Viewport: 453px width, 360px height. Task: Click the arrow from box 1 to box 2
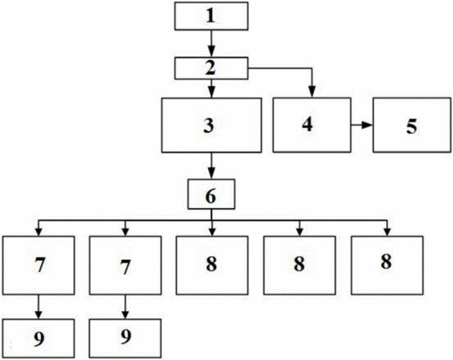[x=211, y=43]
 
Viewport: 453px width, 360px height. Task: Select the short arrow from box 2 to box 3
[x=211, y=89]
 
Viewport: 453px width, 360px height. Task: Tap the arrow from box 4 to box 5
[x=362, y=125]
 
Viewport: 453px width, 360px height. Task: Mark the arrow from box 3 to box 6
[x=211, y=166]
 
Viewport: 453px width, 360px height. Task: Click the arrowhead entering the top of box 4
[x=311, y=92]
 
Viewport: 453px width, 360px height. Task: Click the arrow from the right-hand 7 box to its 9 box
[x=125, y=307]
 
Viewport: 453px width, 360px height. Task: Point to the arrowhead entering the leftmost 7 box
[x=38, y=231]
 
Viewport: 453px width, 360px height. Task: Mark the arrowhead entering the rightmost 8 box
[x=387, y=231]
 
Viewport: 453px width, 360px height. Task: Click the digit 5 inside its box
[x=411, y=126]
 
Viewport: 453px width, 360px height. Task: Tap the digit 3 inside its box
[x=209, y=126]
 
